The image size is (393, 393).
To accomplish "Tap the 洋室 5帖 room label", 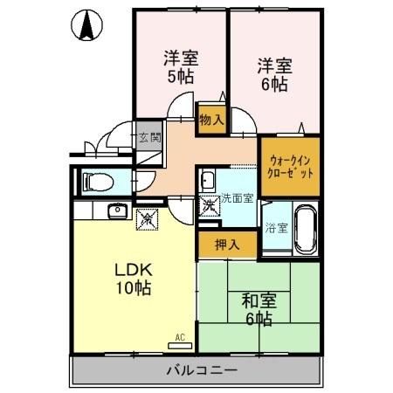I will click(182, 67).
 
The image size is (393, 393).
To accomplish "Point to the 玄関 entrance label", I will click(148, 137).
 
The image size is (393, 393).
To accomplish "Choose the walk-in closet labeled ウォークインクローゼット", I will click(290, 166).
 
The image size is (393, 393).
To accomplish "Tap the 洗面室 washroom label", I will click(237, 198).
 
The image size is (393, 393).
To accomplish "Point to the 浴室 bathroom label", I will click(277, 229).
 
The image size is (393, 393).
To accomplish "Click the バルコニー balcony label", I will click(201, 371).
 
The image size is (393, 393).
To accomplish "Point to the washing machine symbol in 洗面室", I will click(210, 207).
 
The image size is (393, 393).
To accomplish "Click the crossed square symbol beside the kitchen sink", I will click(146, 219).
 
